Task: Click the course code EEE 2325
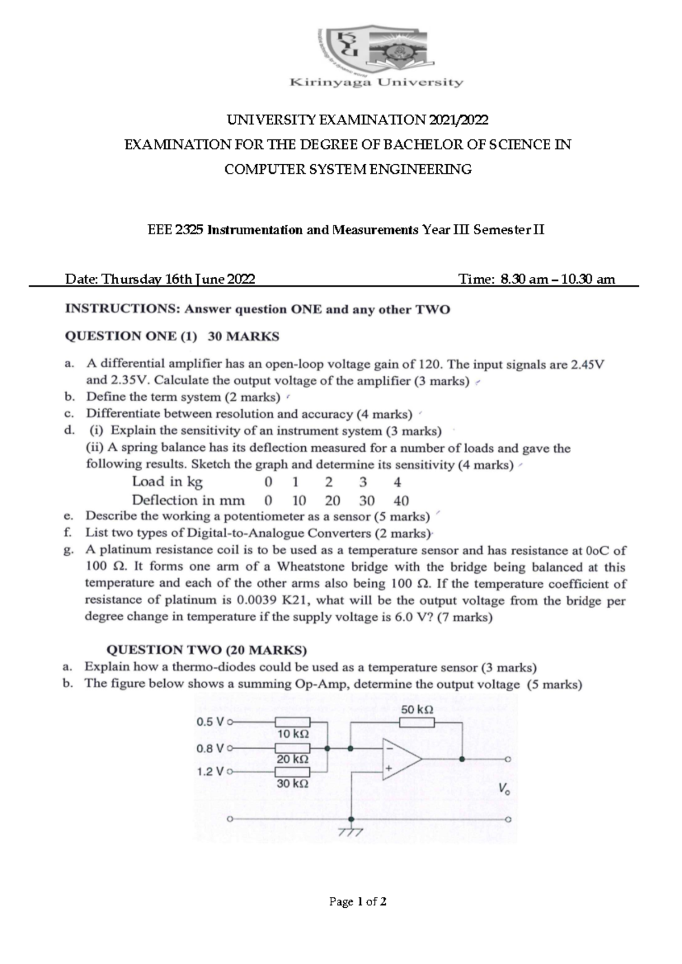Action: [176, 230]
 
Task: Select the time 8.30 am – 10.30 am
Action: [558, 279]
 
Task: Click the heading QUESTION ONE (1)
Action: [131, 336]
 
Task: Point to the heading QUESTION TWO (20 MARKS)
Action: [207, 650]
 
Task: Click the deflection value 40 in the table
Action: [401, 501]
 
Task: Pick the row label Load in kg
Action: [167, 482]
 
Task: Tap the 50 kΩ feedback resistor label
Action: [417, 710]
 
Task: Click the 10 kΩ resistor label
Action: [293, 734]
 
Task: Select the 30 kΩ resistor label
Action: [293, 783]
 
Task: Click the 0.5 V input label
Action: [210, 722]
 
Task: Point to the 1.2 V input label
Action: [210, 772]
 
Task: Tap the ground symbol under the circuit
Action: [350, 832]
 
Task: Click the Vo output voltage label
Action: [504, 789]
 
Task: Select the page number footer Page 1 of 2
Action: [358, 901]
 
